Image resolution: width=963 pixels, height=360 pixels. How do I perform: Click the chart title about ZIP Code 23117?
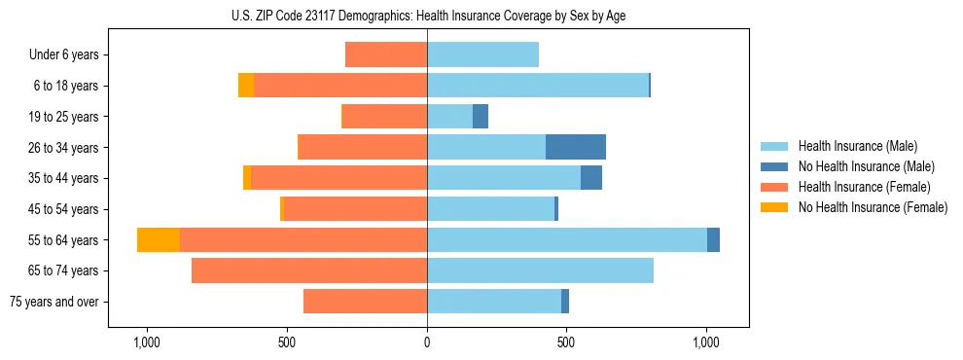[x=427, y=16]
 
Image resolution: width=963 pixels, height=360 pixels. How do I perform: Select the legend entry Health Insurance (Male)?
[x=857, y=146]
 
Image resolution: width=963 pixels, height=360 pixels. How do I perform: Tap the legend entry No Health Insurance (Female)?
[x=873, y=207]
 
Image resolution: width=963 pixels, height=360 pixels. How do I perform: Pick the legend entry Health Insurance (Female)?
[x=864, y=187]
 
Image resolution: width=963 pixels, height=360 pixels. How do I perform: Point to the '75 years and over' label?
[x=54, y=302]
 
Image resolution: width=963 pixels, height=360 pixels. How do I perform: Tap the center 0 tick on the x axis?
[x=427, y=342]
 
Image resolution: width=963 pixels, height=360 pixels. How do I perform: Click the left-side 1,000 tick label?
[x=147, y=342]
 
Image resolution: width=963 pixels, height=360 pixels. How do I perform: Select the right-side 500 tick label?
[x=566, y=342]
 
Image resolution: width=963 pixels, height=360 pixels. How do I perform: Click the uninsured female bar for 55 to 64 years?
[x=159, y=239]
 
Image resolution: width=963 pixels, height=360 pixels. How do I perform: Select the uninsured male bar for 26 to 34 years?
[x=576, y=147]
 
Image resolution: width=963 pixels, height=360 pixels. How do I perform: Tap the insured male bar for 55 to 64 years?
[x=567, y=239]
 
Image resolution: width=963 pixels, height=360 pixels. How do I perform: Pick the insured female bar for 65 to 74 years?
[x=309, y=270]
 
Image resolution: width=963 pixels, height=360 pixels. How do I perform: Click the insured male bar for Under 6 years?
[x=482, y=55]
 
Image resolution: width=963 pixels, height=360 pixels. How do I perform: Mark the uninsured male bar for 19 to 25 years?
[x=481, y=117]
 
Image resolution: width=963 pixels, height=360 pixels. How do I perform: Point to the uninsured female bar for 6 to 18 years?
[x=246, y=86]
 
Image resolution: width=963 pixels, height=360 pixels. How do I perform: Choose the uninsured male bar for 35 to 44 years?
[x=591, y=178]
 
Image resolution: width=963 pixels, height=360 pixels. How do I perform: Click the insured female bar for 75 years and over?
[x=365, y=302]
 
